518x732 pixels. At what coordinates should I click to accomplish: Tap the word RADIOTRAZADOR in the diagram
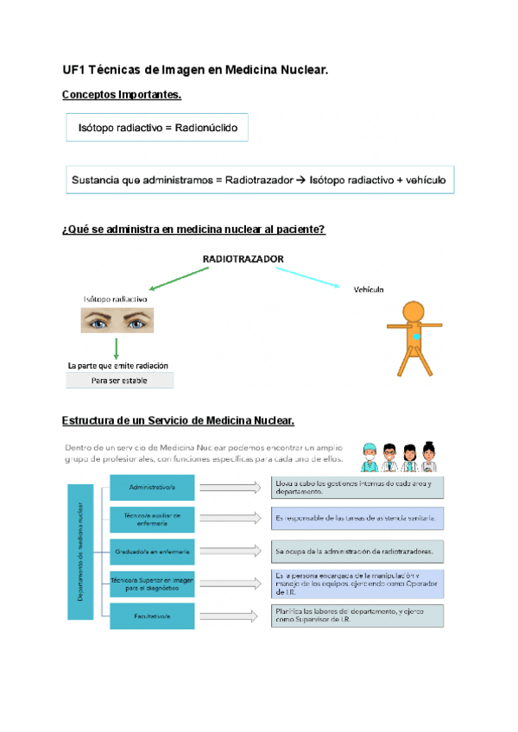click(243, 258)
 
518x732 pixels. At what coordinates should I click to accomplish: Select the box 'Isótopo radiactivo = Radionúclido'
click(157, 129)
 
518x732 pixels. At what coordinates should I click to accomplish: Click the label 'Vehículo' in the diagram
click(369, 289)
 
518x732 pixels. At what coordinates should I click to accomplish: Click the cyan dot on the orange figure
click(418, 337)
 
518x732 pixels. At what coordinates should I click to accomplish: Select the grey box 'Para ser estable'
click(119, 381)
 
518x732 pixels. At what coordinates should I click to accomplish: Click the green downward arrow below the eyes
click(115, 348)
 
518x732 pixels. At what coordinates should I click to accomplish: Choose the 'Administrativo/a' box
click(152, 487)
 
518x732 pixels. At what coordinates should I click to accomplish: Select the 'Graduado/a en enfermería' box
click(152, 550)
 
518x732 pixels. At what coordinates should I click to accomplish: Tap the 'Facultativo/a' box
click(152, 615)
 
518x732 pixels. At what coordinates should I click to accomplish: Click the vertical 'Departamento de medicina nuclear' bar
click(81, 551)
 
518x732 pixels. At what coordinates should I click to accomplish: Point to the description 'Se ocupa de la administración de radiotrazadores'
click(357, 550)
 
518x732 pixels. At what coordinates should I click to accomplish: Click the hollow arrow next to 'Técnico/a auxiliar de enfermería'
click(231, 518)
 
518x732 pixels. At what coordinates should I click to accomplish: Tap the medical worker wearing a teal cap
click(369, 457)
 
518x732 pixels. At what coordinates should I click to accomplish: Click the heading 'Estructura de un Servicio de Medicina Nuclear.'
click(179, 421)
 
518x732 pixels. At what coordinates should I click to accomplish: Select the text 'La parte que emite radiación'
click(117, 365)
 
